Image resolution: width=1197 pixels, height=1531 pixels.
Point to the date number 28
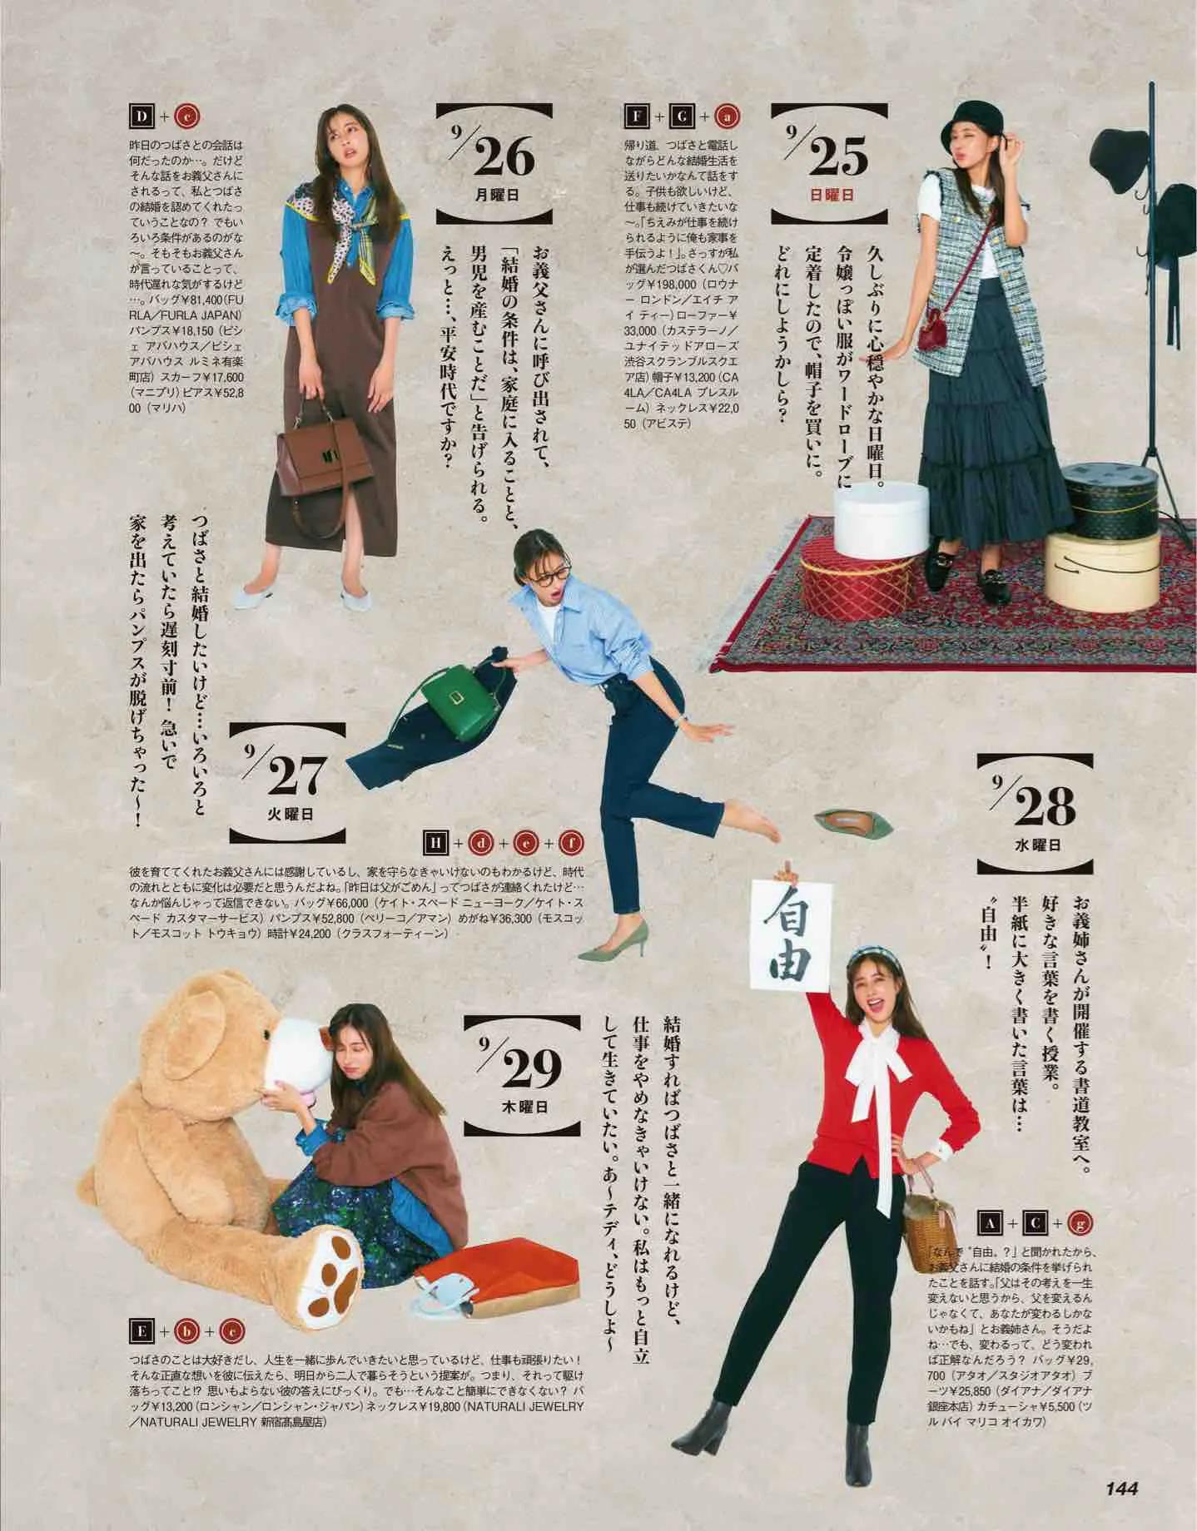1046,805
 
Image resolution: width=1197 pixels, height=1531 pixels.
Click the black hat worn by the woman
964,135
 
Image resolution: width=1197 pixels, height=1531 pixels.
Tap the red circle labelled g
1080,1222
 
